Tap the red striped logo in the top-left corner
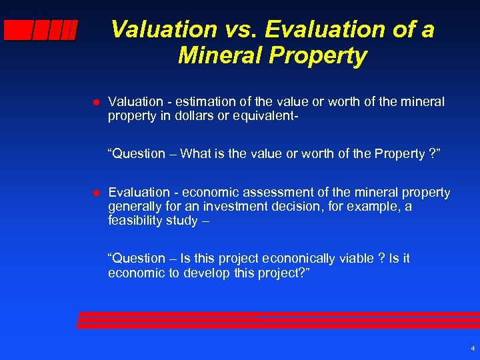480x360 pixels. (x=40, y=31)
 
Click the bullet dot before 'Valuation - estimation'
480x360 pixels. (x=95, y=102)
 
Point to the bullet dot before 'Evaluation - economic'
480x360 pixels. (x=95, y=193)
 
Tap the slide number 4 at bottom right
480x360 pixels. (x=472, y=349)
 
